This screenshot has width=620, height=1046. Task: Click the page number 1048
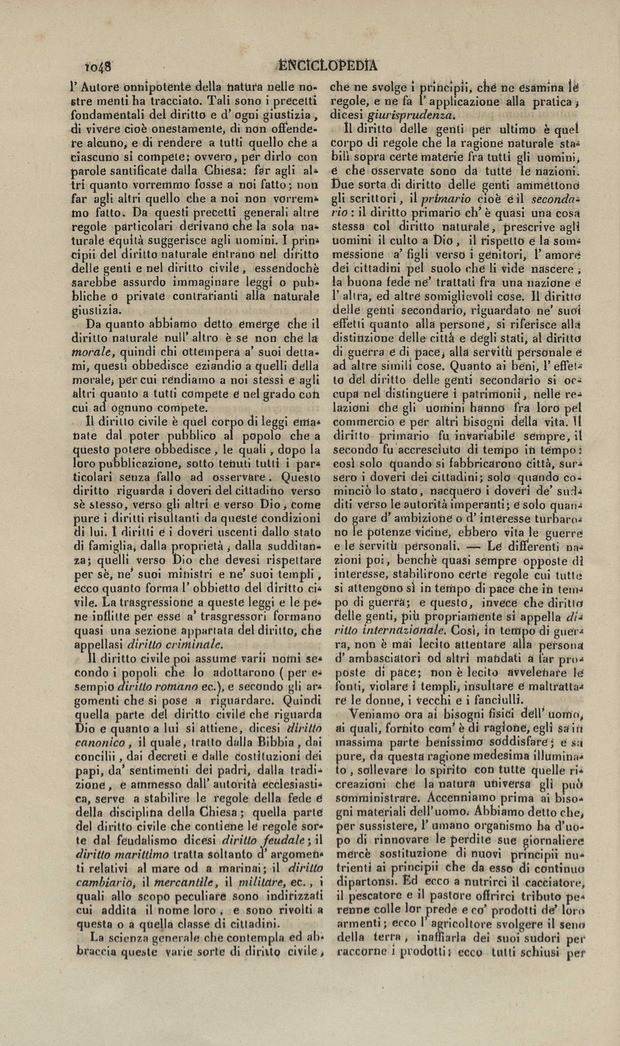pyautogui.click(x=96, y=66)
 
